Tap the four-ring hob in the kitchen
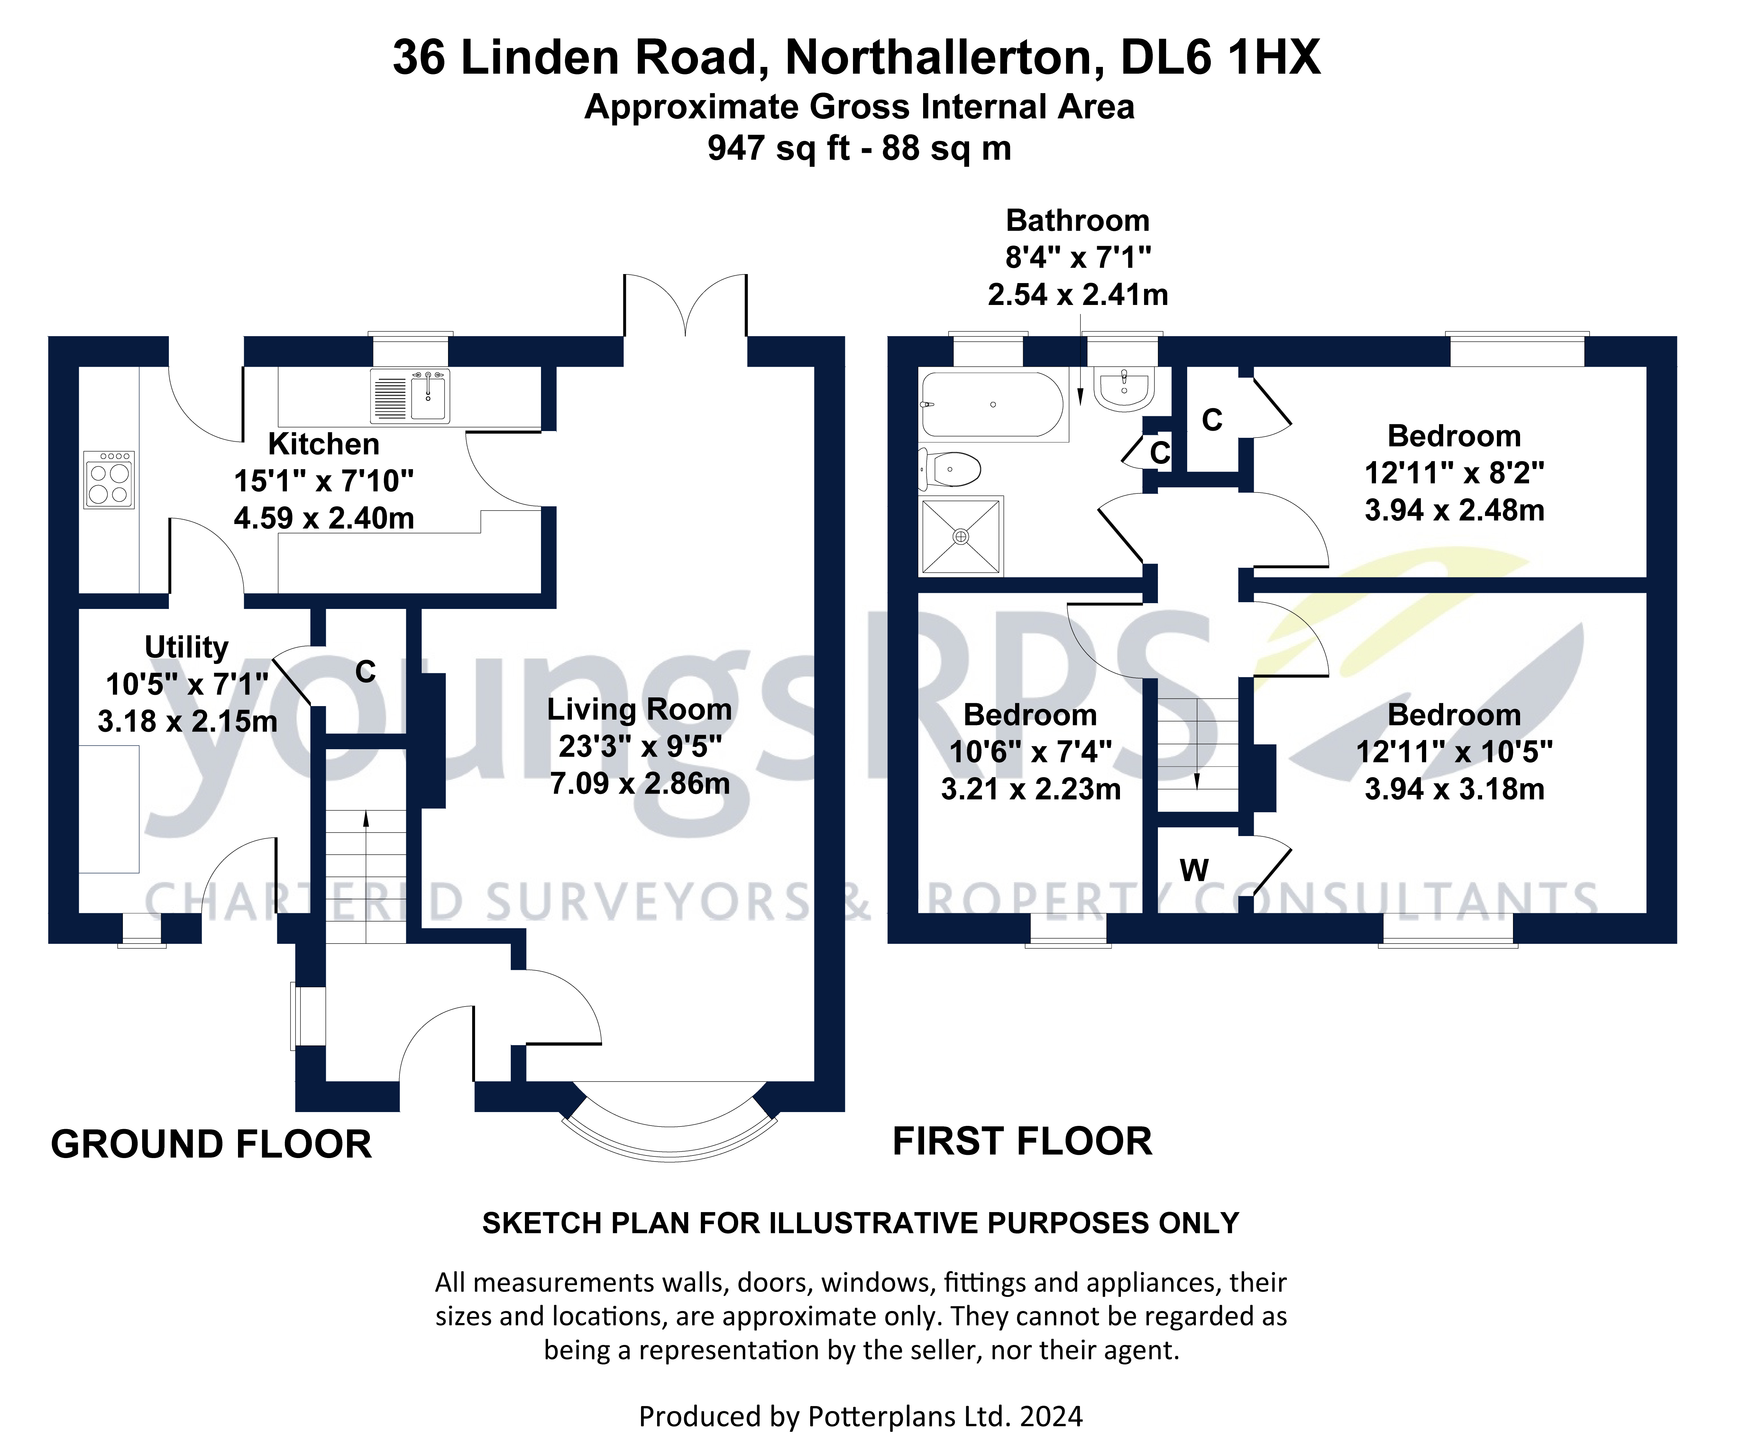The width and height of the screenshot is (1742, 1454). pos(109,480)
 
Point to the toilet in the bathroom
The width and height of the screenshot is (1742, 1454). pos(952,469)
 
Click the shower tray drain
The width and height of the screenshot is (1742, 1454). pos(961,537)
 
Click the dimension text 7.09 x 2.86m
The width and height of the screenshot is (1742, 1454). pos(639,783)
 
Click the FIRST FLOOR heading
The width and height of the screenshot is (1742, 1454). pos(1022,1141)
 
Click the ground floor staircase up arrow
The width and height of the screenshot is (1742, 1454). pos(366,819)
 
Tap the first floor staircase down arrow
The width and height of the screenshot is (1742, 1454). pos(1197,780)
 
